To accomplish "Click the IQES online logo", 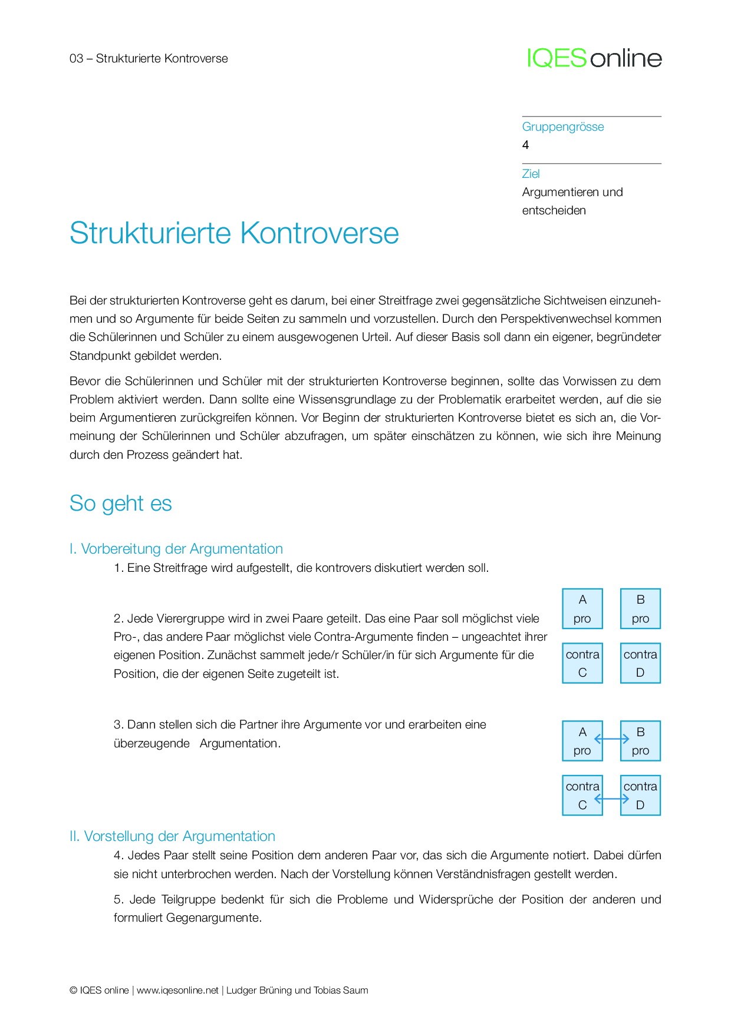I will pos(594,58).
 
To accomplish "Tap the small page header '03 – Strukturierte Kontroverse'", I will pos(149,58).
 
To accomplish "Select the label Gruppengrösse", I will pos(563,127).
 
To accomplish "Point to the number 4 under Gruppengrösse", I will pos(526,145).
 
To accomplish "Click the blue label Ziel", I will pos(531,174).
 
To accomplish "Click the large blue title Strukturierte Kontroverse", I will pos(234,233).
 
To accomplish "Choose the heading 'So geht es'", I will pos(121,504).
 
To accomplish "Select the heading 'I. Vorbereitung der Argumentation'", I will pos(176,549).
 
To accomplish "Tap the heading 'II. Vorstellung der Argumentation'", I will pos(172,836).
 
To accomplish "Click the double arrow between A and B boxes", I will pos(612,739).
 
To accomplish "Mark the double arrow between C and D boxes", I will pos(612,799).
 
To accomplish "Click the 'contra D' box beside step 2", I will pos(640,663).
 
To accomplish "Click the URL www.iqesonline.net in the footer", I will pos(177,991).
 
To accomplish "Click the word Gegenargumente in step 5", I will pos(213,918).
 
